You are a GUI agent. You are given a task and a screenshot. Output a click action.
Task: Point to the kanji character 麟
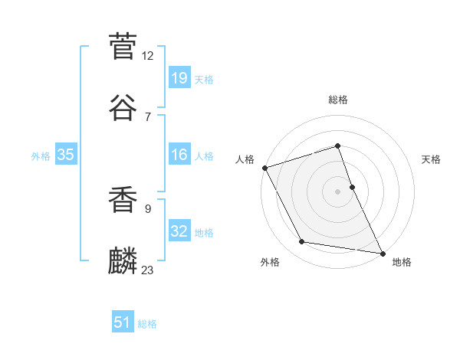tap(123, 260)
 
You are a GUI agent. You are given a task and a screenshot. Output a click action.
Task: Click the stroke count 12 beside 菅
tap(148, 56)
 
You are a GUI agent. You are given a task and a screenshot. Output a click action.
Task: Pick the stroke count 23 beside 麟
tap(148, 270)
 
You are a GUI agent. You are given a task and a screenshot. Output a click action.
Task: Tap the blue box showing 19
tap(179, 77)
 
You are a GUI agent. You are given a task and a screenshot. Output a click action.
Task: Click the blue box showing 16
tap(179, 155)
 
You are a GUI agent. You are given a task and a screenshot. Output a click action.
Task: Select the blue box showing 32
tap(179, 231)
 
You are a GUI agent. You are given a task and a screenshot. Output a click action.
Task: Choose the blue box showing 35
tap(66, 155)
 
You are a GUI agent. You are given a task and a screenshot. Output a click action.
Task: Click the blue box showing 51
tap(123, 322)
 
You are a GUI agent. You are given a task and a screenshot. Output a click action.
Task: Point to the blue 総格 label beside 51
tap(147, 324)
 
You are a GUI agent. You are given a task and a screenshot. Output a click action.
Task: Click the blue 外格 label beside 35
tap(41, 156)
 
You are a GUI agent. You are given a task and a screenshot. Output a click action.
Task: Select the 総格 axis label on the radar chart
tap(338, 100)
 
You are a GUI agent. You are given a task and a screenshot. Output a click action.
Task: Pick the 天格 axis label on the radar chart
tap(431, 159)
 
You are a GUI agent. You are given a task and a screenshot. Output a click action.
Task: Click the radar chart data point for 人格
tap(264, 168)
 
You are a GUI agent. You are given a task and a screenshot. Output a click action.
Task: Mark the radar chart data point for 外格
tap(302, 242)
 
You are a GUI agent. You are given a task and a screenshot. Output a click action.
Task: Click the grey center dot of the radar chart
tap(338, 191)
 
